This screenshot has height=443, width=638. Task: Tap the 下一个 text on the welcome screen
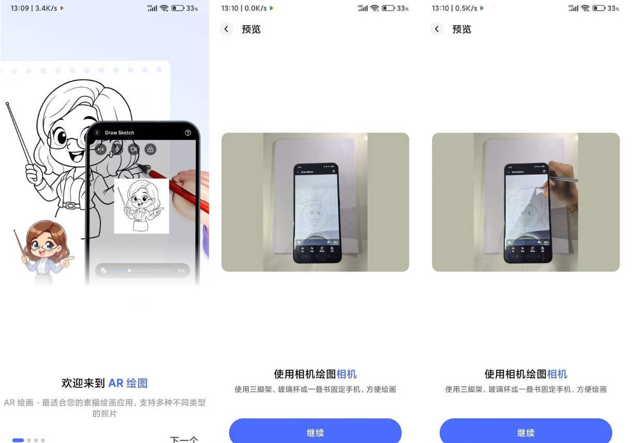pyautogui.click(x=184, y=439)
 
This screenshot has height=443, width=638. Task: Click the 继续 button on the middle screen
pyautogui.click(x=315, y=432)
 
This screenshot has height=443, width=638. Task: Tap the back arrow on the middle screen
pyautogui.click(x=226, y=29)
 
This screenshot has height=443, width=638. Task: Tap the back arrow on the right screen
pyautogui.click(x=437, y=29)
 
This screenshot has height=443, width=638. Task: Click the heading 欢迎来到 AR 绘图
pyautogui.click(x=105, y=383)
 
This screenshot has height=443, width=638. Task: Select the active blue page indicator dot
pyautogui.click(x=18, y=440)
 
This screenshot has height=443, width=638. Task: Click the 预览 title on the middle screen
pyautogui.click(x=251, y=29)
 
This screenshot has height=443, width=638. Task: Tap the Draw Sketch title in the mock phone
pyautogui.click(x=120, y=133)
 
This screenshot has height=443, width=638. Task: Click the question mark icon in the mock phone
pyautogui.click(x=188, y=133)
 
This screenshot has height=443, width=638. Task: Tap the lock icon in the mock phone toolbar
pyautogui.click(x=150, y=149)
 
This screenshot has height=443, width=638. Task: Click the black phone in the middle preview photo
pyautogui.click(x=318, y=213)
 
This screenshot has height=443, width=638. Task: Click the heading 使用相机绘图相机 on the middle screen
pyautogui.click(x=315, y=374)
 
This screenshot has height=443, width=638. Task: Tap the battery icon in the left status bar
pyautogui.click(x=177, y=8)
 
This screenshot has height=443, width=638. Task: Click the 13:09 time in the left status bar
pyautogui.click(x=19, y=8)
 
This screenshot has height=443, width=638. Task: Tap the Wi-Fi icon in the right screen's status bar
pyautogui.click(x=586, y=8)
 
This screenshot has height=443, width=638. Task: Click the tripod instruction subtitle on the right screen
pyautogui.click(x=526, y=389)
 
